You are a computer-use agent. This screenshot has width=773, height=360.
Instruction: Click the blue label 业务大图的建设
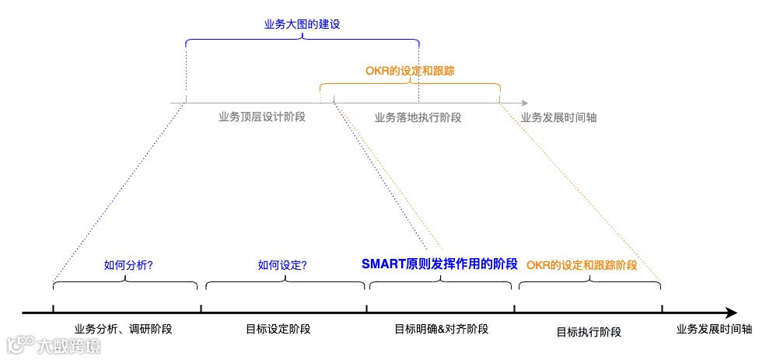pos(303,24)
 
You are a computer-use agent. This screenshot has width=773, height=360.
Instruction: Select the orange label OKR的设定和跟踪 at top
pos(410,70)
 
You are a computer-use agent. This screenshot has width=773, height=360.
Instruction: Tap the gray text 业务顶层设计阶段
pos(262,117)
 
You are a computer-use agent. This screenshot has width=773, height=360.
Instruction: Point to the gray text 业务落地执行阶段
pos(418,117)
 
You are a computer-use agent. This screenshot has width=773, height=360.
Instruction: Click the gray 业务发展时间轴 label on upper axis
pos(558,117)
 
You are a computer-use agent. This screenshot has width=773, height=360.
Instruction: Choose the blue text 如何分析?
pos(128,265)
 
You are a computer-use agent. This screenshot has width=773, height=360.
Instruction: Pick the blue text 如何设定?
pos(282,265)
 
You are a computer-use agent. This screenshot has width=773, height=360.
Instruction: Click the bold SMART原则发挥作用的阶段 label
pos(439,264)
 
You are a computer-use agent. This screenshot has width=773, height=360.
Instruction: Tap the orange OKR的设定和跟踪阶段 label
pos(582,265)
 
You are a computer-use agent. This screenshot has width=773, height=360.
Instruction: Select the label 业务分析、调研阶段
pos(123,329)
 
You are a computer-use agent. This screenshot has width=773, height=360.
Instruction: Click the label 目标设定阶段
pos(278,329)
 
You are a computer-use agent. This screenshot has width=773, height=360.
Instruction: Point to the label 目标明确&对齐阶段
pos(441,329)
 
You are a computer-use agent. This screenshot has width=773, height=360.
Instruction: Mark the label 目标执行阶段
pos(589,332)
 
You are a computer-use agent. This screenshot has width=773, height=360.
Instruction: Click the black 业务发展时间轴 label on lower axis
pos(714,329)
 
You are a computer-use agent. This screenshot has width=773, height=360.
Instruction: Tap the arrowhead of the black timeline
pos(731,313)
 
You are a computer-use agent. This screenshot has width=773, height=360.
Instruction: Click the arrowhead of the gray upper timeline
pos(525,103)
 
